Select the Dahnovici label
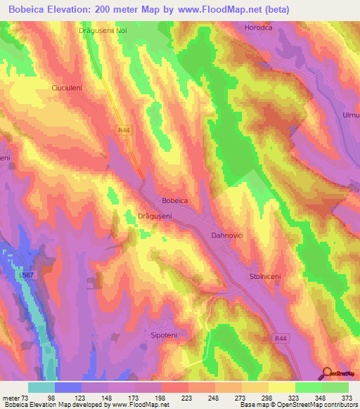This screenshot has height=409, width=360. tap(227, 236)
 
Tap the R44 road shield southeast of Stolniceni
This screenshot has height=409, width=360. tap(282, 318)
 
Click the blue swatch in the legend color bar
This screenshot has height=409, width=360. tap(68, 387)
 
